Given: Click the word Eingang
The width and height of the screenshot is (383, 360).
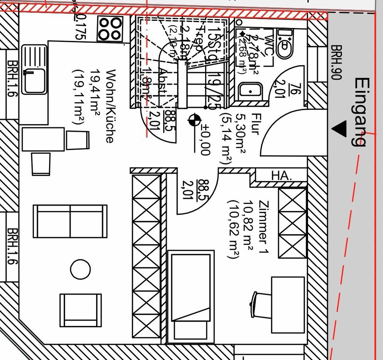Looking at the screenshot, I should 361,112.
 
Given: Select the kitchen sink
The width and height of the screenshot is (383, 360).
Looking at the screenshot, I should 34,69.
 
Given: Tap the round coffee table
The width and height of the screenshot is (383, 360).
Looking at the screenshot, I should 80,270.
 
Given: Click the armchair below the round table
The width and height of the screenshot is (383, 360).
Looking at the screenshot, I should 81,310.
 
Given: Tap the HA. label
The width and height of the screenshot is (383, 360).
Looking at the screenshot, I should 282,175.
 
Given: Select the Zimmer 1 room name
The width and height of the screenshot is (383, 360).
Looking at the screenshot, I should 264,228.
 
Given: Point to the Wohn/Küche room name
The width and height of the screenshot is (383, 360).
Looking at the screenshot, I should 110,106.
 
